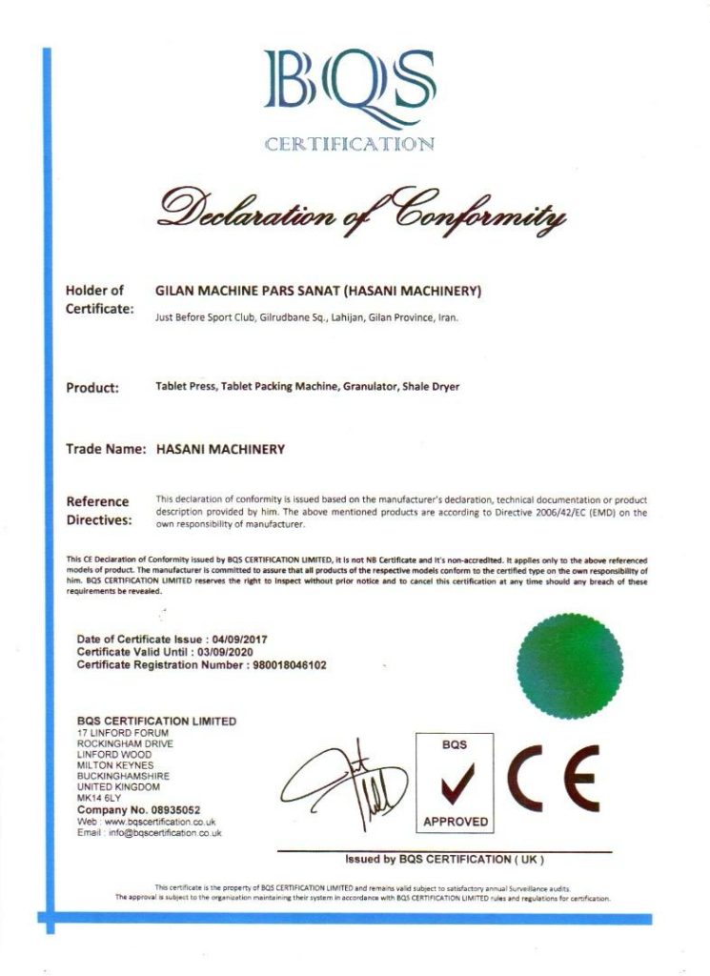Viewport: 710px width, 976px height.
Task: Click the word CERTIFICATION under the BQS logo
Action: pos(349,145)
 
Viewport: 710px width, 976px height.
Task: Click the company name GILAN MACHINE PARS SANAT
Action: pos(246,290)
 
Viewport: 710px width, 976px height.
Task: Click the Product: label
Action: pos(92,387)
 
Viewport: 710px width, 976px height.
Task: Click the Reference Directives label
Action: pos(97,511)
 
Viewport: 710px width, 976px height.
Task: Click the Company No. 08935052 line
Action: pos(138,809)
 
